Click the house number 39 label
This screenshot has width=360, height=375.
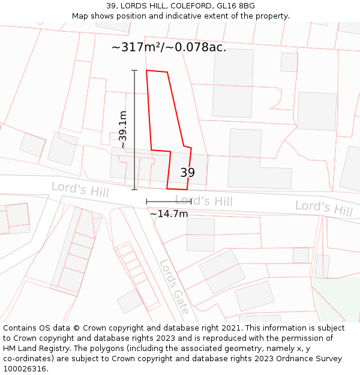coord(188,173)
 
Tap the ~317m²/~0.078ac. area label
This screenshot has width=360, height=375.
coord(169,47)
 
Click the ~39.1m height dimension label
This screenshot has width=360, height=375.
coord(122,130)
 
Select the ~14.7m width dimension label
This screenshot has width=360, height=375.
coord(169,214)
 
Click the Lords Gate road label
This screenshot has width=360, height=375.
coord(174,286)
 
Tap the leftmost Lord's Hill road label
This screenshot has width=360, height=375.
coord(80,190)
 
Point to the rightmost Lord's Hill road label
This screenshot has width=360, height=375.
coord(323,208)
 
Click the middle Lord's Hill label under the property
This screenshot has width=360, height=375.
coord(203,201)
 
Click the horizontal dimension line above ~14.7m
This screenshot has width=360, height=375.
coord(169,202)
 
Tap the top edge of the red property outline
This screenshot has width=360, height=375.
coord(157,71)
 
